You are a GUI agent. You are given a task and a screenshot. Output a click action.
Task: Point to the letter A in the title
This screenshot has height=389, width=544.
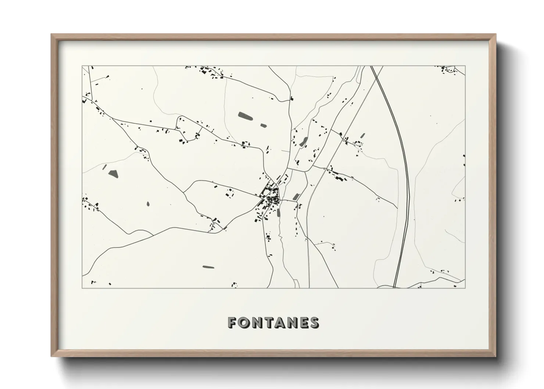[x=280, y=322]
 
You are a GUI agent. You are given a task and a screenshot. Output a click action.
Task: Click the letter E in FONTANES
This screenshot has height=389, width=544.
[x=304, y=322]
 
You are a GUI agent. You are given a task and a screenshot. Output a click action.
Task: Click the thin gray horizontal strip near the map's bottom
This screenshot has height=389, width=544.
[x=208, y=267]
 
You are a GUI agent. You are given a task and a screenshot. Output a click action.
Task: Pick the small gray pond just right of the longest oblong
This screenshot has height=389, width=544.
[x=263, y=125]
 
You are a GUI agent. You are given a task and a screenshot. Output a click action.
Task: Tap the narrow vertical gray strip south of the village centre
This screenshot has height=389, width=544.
[x=278, y=213]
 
